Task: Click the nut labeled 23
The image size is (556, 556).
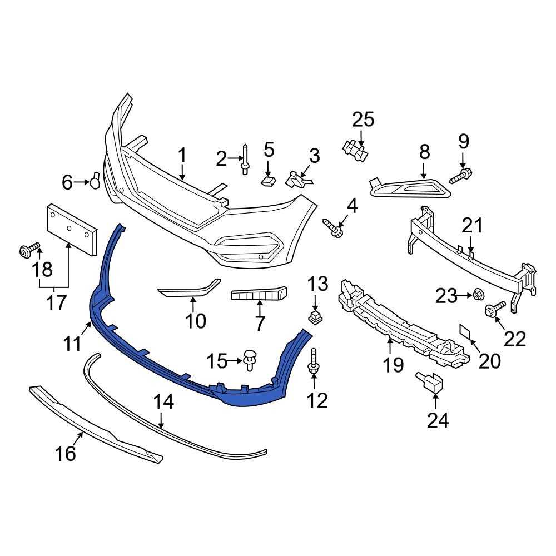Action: [x=477, y=295]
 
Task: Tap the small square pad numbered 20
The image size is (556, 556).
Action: [x=464, y=332]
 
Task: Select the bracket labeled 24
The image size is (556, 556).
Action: [x=430, y=383]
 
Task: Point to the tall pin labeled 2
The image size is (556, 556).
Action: [x=245, y=159]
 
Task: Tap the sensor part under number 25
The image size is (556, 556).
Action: [x=354, y=150]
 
